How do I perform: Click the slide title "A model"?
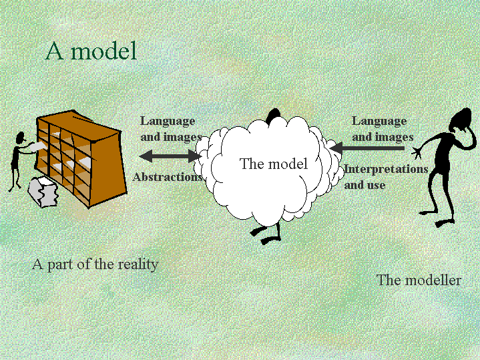[91, 51]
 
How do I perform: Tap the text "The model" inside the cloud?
[274, 164]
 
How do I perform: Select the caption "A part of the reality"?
[95, 264]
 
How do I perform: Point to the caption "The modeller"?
[419, 280]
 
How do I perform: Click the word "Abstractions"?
[168, 177]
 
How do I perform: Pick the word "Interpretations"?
[386, 169]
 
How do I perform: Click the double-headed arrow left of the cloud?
[170, 156]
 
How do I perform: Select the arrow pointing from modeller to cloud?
[367, 148]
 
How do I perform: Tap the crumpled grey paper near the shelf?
[43, 192]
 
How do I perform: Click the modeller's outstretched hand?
[417, 152]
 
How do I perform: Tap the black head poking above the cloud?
[273, 116]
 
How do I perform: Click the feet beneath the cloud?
[266, 235]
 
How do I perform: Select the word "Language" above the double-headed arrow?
[168, 122]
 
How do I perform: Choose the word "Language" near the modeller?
[379, 122]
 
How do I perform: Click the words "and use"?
[365, 186]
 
